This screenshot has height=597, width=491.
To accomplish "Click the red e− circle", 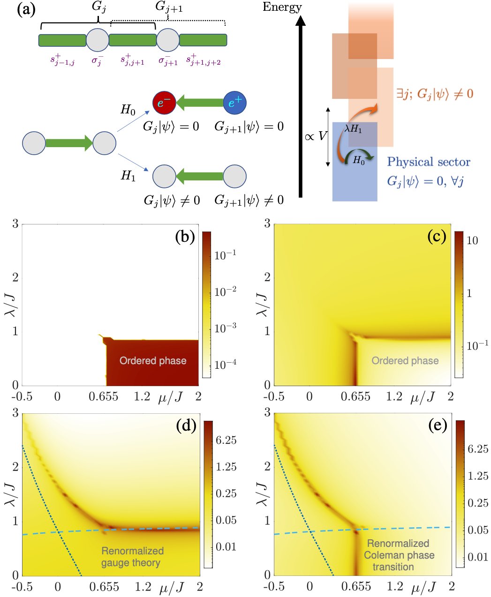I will pyautogui.click(x=164, y=103).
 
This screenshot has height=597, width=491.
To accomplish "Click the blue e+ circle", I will pyautogui.click(x=235, y=103).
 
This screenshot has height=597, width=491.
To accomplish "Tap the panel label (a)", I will pyautogui.click(x=26, y=9).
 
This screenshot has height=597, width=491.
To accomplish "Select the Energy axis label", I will pyautogui.click(x=282, y=7).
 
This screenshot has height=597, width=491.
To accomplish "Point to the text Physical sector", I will pyautogui.click(x=428, y=162).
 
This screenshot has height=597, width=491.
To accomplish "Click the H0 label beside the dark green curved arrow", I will pyautogui.click(x=359, y=161).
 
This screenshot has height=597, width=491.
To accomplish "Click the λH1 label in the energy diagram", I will pyautogui.click(x=353, y=128).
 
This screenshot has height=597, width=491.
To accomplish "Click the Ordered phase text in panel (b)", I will pyautogui.click(x=153, y=360).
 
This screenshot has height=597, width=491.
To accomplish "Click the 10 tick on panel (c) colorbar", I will pyautogui.click(x=472, y=240).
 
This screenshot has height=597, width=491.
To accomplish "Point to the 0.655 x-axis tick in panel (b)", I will pyautogui.click(x=104, y=397).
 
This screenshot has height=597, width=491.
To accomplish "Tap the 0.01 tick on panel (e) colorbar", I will pyautogui.click(x=477, y=557).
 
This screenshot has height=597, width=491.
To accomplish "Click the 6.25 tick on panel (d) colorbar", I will pyautogui.click(x=226, y=440).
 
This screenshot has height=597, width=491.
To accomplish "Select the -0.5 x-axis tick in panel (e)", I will pyautogui.click(x=274, y=587).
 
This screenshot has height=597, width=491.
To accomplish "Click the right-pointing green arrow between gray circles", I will pyautogui.click(x=69, y=143).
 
